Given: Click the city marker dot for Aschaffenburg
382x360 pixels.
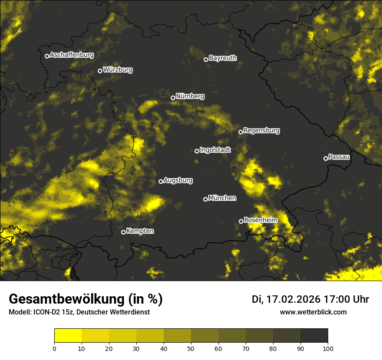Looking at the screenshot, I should pyautogui.click(x=47, y=56).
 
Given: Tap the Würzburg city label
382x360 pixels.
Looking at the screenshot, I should pyautogui.click(x=118, y=70).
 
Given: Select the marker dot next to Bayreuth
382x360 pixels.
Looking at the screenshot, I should pyautogui.click(x=206, y=59).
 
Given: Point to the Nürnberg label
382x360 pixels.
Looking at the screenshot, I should pyautogui.click(x=190, y=96).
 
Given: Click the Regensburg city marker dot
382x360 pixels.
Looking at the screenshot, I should pyautogui.click(x=240, y=132).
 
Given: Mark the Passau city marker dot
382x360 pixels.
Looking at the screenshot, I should pyautogui.click(x=326, y=158).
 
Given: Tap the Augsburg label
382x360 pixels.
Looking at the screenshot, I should pyautogui.click(x=178, y=180).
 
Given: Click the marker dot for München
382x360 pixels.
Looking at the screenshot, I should pyautogui.click(x=205, y=200).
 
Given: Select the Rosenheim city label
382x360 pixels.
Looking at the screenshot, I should pyautogui.click(x=260, y=220).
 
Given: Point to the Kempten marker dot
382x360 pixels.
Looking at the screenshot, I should pyautogui.click(x=123, y=232).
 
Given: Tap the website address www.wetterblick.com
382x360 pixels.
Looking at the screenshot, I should pyautogui.click(x=313, y=312).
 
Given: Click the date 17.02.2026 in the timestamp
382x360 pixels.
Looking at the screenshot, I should pyautogui.click(x=293, y=299).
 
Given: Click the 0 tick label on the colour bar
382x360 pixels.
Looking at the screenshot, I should pyautogui.click(x=54, y=348).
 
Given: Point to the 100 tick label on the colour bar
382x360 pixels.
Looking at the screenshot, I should pyautogui.click(x=328, y=348).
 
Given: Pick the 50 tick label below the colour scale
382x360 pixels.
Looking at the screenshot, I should pyautogui.click(x=191, y=348).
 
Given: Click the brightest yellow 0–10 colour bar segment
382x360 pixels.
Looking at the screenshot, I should pyautogui.click(x=68, y=336).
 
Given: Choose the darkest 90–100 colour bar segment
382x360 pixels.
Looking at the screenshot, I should pyautogui.click(x=314, y=336).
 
